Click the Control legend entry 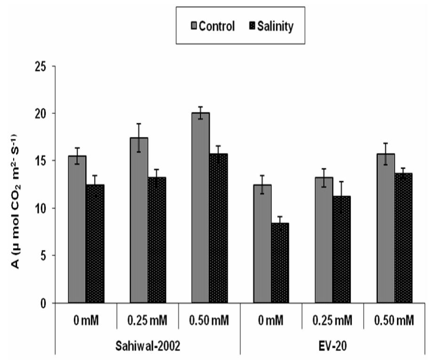[x=211, y=26]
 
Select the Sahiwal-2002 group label [x=148, y=344]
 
